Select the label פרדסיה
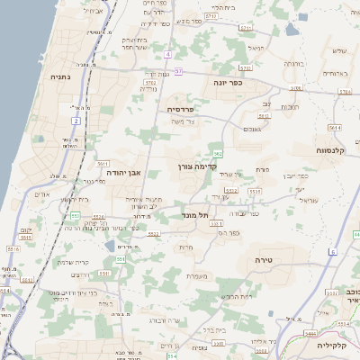click(x=187, y=109)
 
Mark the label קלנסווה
click(x=335, y=150)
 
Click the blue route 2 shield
click(x=76, y=120)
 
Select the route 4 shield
click(x=167, y=54)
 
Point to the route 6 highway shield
click(x=332, y=252)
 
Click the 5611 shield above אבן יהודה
click(x=103, y=164)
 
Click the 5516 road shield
click(x=99, y=217)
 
